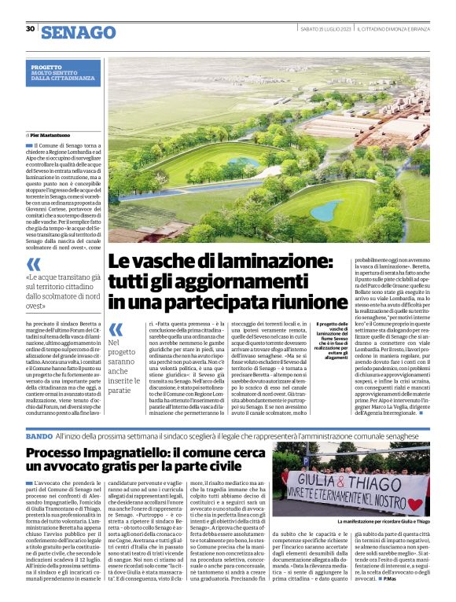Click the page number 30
[x=30, y=29]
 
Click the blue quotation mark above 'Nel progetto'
[x=116, y=330]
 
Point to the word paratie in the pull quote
[x=120, y=391]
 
